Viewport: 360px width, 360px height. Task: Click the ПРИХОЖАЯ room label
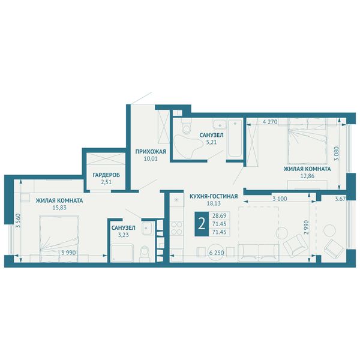pyautogui.click(x=151, y=152)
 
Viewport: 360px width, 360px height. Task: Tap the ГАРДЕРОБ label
pyautogui.click(x=106, y=175)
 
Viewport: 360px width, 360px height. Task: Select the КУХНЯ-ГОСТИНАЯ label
pyautogui.click(x=214, y=197)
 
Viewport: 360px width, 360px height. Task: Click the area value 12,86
pyautogui.click(x=307, y=176)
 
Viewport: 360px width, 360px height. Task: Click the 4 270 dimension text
pyautogui.click(x=270, y=122)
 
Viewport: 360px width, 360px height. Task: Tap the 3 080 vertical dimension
pyautogui.click(x=337, y=154)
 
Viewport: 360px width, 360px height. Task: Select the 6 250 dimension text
pyautogui.click(x=217, y=253)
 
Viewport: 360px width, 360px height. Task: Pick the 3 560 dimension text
pyautogui.click(x=19, y=221)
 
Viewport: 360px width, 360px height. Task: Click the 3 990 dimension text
pyautogui.click(x=68, y=253)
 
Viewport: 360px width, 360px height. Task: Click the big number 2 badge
pyautogui.click(x=202, y=224)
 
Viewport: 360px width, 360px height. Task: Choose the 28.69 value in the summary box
pyautogui.click(x=219, y=215)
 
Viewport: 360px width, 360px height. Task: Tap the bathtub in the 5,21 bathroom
pyautogui.click(x=235, y=139)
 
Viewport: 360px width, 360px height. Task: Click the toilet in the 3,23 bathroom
pyautogui.click(x=145, y=253)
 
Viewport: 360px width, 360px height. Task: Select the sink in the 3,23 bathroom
pyautogui.click(x=146, y=229)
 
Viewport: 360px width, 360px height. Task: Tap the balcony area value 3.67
pyautogui.click(x=340, y=199)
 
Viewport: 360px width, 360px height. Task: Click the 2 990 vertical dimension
pyautogui.click(x=306, y=227)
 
